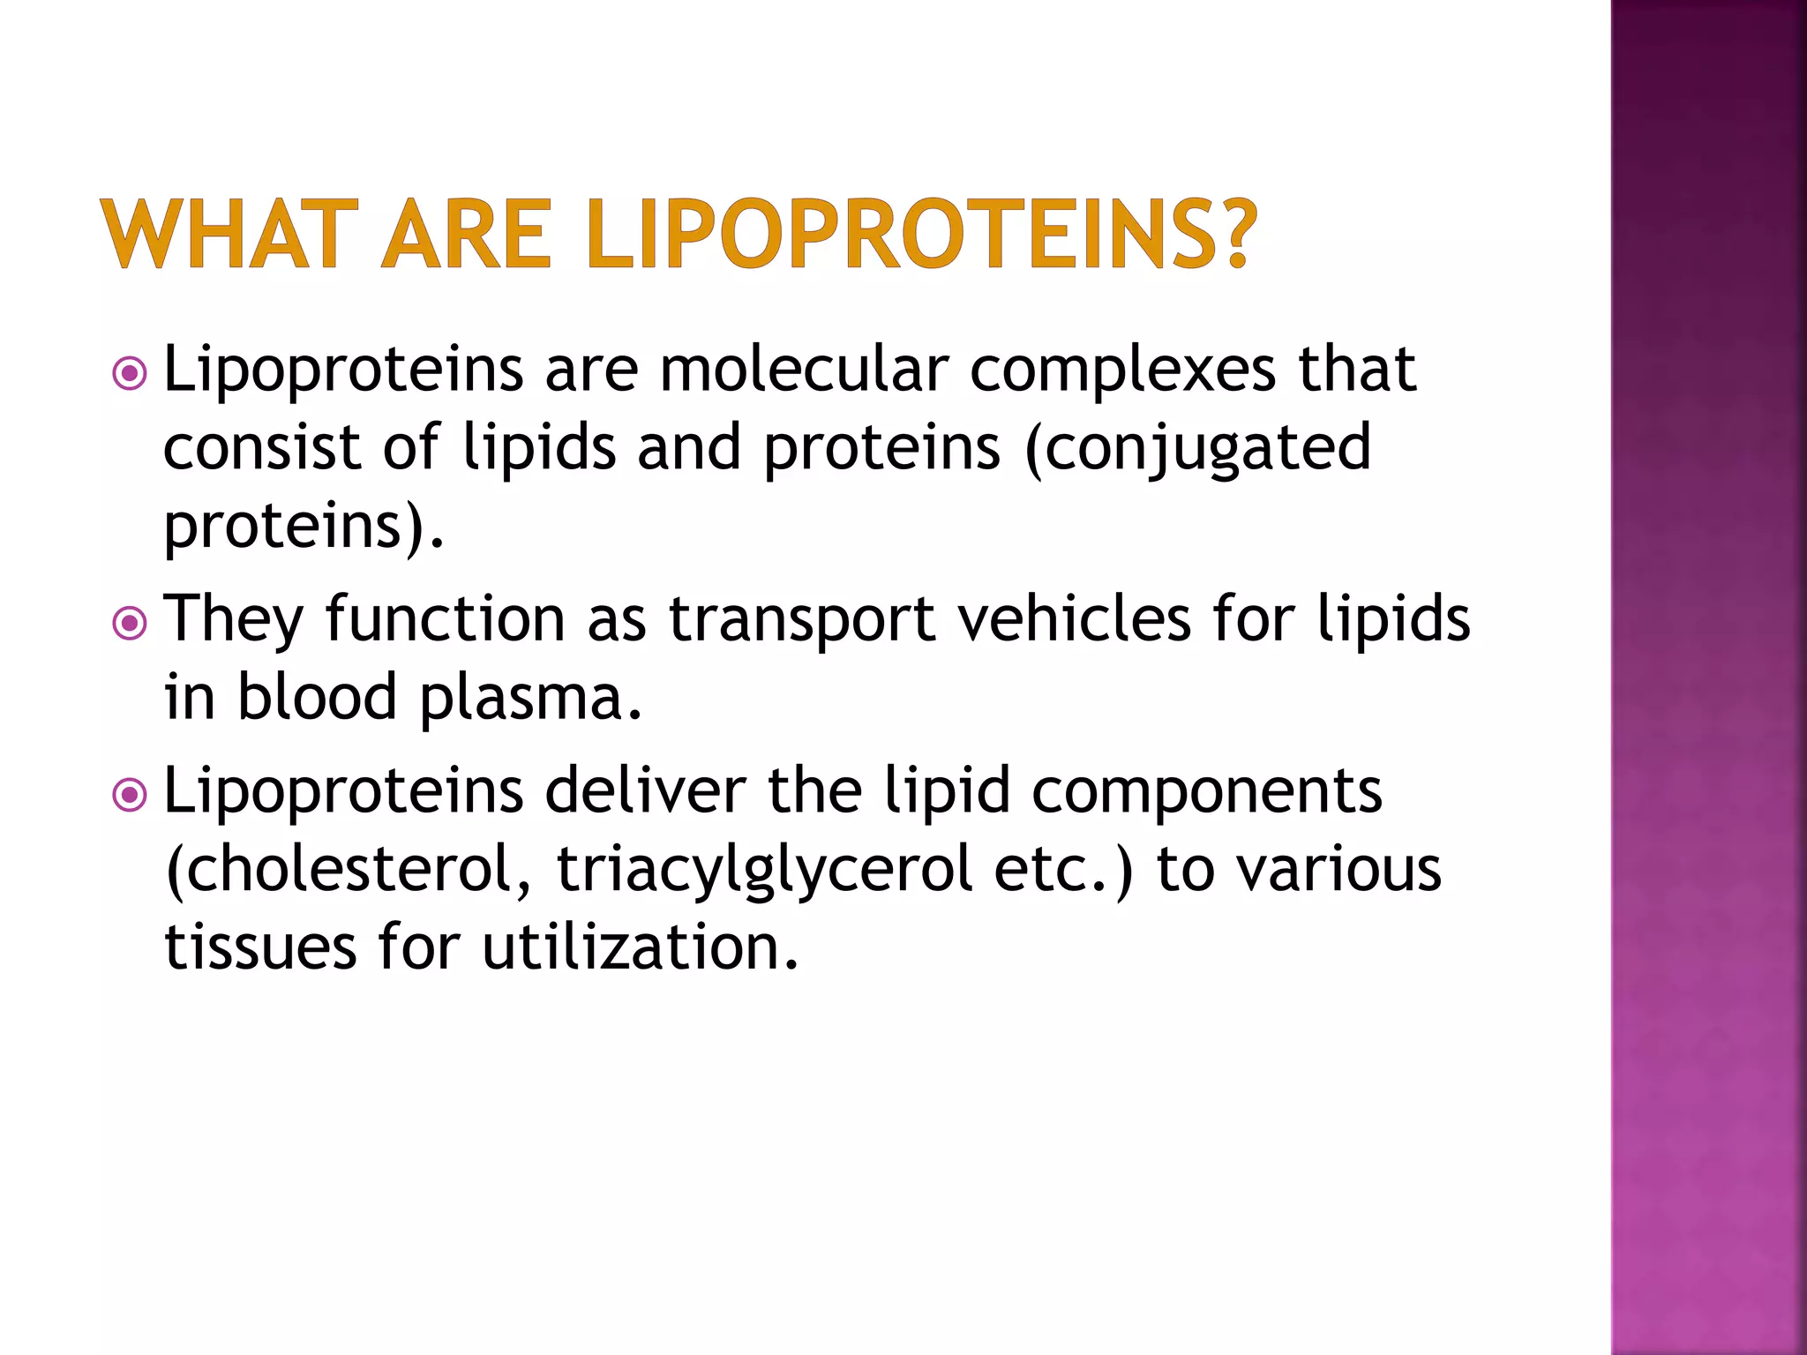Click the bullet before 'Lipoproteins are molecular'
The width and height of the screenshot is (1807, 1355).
[130, 374]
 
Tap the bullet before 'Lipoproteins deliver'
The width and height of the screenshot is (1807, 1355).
[130, 796]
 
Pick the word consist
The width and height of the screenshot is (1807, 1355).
[262, 446]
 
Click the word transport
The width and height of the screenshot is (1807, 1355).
[801, 621]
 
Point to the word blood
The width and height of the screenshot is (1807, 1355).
[317, 697]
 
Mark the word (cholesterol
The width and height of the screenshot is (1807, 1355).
[349, 870]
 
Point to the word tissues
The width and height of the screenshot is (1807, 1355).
[261, 947]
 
